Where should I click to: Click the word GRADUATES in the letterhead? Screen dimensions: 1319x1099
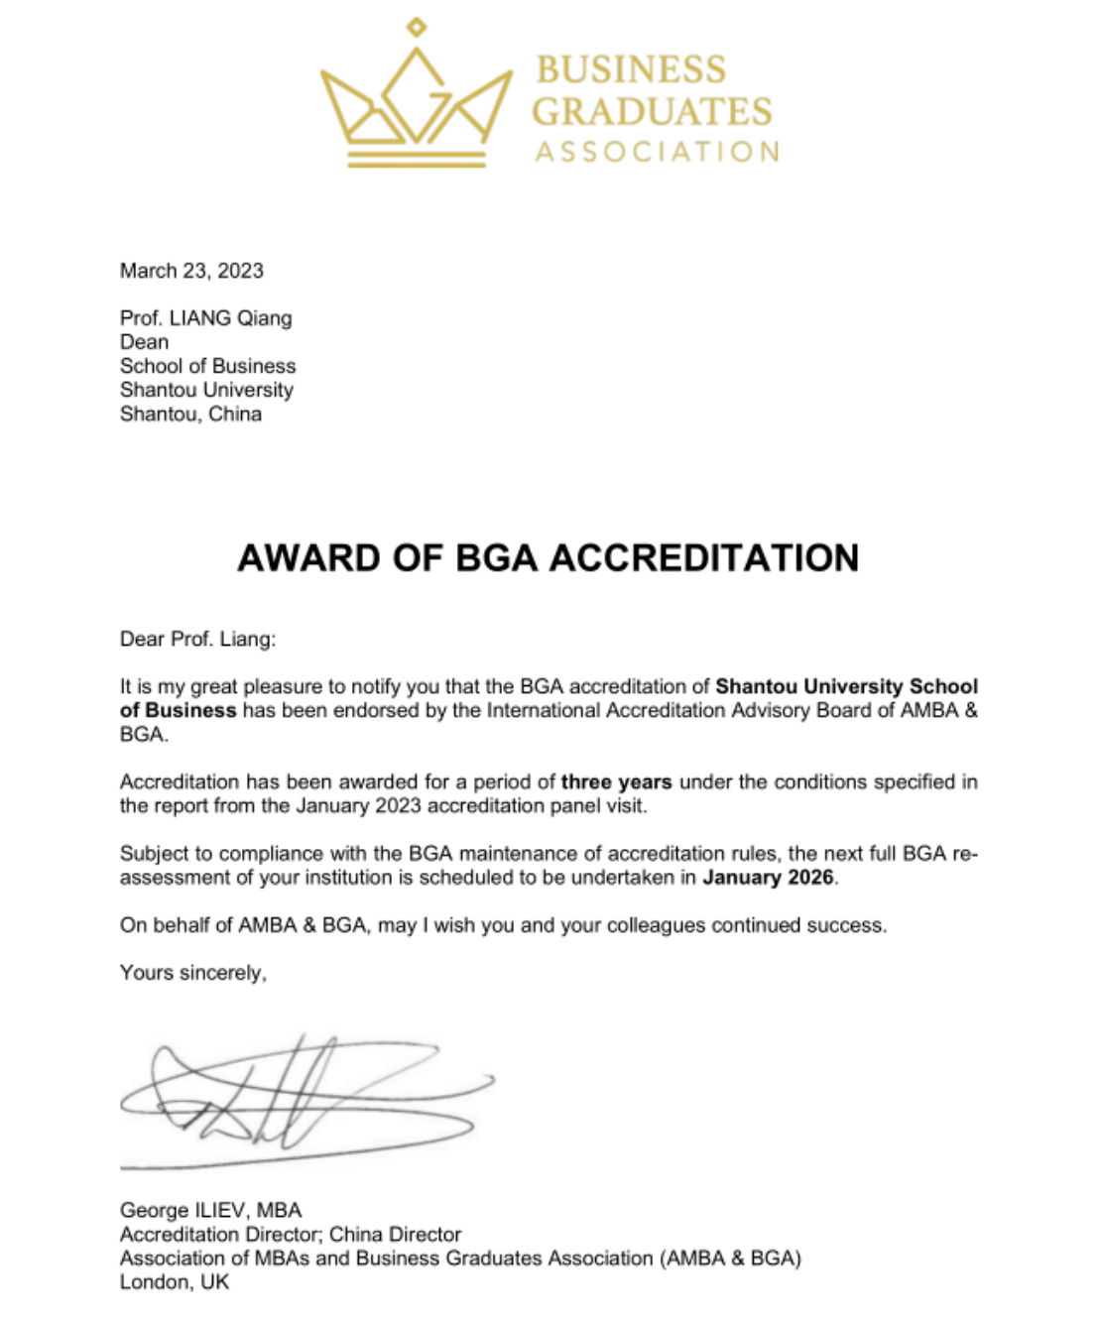coord(652,111)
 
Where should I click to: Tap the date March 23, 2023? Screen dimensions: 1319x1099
coord(191,271)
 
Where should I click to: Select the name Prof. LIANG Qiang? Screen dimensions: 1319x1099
coord(205,318)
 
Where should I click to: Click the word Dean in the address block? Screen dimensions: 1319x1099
coord(144,342)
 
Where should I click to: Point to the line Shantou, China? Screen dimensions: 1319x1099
coord(190,414)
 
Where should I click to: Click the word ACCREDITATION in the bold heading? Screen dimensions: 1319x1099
coord(703,558)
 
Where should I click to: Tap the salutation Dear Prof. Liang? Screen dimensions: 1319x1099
coord(197,639)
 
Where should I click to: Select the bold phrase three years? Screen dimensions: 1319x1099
coord(616,781)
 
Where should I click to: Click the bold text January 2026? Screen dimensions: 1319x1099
coord(768,878)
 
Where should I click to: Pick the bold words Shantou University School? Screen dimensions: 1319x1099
coord(846,686)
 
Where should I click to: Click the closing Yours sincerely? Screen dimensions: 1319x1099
coord(192,973)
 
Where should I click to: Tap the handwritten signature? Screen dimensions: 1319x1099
coord(298,1096)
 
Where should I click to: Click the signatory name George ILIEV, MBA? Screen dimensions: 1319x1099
coord(210,1210)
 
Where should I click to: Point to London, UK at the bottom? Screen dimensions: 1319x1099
coord(174,1282)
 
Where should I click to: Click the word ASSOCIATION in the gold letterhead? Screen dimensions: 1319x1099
coord(657,152)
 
